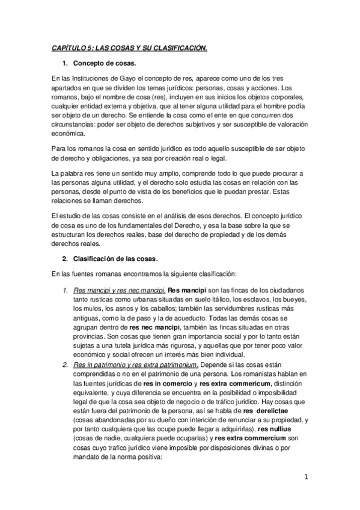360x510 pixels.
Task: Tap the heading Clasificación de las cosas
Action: tap(115, 259)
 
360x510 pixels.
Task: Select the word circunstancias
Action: tap(75, 124)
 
